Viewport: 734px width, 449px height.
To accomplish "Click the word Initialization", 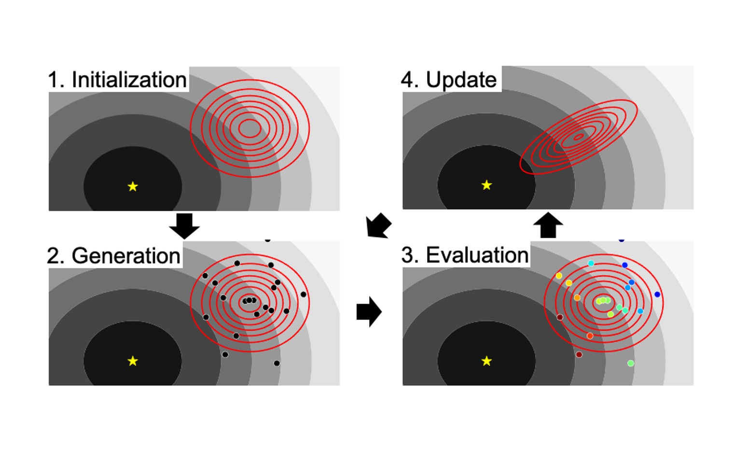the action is coord(129,80).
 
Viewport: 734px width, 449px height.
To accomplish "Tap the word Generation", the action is coord(126,255).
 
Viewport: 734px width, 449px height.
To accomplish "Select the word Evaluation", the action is coord(477,255).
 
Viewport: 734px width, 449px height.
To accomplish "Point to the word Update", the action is coord(461,80).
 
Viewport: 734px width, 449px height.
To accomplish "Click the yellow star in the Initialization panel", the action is coord(133,186).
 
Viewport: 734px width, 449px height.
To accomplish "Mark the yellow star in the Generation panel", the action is coord(133,361).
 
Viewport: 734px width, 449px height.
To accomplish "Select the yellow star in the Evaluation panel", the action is coord(486,361).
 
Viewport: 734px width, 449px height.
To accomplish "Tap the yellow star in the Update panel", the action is coord(486,185).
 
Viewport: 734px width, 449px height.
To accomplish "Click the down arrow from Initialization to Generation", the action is coord(184,226).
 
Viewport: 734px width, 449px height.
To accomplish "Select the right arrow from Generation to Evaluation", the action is coord(369,312).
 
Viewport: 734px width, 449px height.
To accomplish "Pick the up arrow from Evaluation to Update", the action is coord(548,225).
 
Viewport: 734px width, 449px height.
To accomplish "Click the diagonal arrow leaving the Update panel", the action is coord(378,225).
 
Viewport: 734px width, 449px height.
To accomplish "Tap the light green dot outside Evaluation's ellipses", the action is coord(630,363).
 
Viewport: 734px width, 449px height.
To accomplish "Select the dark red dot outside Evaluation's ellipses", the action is coord(579,354).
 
